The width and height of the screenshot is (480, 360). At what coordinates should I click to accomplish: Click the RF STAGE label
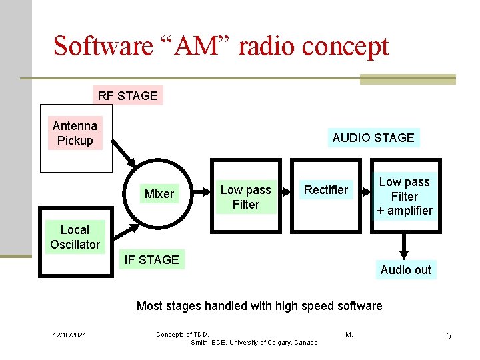[127, 95]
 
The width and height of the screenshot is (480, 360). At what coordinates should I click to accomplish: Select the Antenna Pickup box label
[75, 133]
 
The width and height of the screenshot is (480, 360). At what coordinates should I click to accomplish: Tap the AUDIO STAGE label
[373, 138]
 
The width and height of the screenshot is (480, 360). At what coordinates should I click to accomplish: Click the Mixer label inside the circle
[159, 194]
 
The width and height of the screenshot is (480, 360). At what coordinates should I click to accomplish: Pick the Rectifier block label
[325, 190]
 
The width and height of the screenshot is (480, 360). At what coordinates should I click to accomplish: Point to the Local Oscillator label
[75, 237]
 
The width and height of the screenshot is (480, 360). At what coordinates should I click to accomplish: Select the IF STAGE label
[151, 259]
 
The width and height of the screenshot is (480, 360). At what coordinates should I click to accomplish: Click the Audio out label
[405, 270]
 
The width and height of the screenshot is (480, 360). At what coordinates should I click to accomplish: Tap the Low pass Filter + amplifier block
[404, 196]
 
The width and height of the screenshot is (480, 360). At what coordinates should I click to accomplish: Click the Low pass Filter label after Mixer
[245, 197]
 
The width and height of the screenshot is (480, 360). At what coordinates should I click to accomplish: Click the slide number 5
[448, 336]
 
